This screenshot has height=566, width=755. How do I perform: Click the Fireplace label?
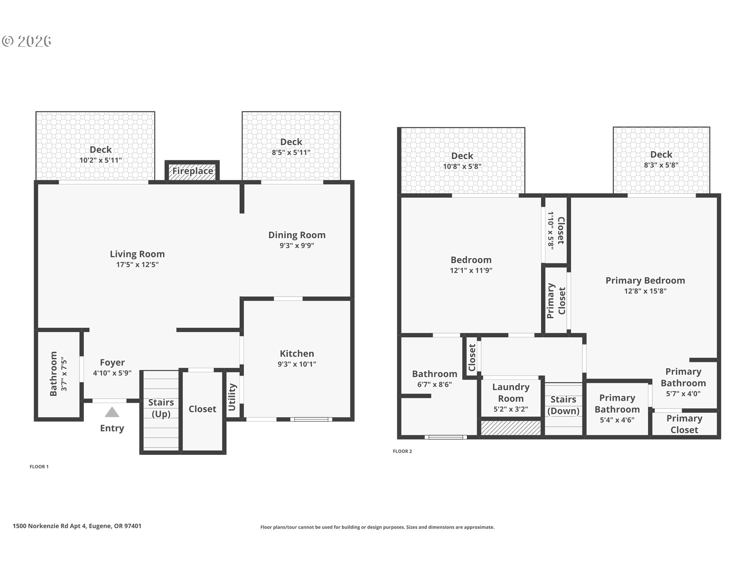click(x=193, y=171)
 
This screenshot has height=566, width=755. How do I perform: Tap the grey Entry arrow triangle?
click(x=112, y=412)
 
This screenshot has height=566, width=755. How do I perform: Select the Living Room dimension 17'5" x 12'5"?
click(x=137, y=265)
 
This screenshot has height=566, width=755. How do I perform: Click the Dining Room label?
click(x=297, y=235)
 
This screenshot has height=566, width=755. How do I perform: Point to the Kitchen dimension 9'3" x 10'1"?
click(x=297, y=364)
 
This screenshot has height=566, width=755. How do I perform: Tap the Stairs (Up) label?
click(x=161, y=408)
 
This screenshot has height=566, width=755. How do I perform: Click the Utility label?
click(x=232, y=397)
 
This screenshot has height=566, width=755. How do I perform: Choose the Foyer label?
click(x=112, y=362)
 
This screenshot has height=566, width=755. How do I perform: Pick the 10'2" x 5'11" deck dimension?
click(x=101, y=160)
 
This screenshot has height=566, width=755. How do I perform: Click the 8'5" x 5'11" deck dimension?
click(x=291, y=153)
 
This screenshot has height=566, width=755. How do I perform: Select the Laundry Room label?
click(x=511, y=393)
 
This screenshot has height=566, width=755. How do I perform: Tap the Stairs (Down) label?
click(x=563, y=405)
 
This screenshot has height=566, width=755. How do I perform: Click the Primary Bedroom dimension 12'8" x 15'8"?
click(x=645, y=291)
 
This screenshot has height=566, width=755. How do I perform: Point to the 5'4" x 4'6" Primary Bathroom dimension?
click(x=617, y=420)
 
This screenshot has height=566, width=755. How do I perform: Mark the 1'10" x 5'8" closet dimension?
click(x=551, y=230)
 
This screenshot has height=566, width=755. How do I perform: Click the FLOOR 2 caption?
click(x=402, y=451)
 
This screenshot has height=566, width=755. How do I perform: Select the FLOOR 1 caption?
click(x=39, y=467)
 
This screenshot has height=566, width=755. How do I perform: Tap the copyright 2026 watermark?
click(x=27, y=41)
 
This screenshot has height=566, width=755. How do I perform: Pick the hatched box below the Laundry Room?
click(x=511, y=428)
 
